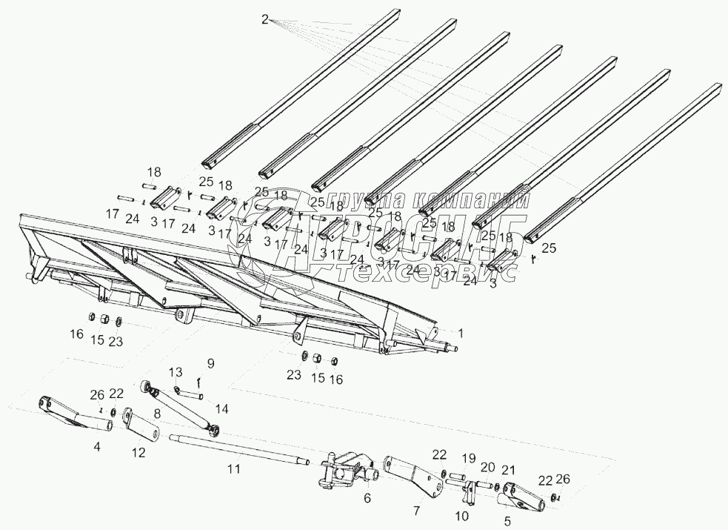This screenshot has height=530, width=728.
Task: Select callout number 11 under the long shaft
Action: (x=234, y=469)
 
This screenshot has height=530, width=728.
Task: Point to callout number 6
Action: (x=367, y=499)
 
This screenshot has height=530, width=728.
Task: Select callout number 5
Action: (x=507, y=522)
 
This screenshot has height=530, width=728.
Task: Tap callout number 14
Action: (x=223, y=408)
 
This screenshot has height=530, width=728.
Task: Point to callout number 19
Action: (x=468, y=457)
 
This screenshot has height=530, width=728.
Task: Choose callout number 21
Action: (x=508, y=469)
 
